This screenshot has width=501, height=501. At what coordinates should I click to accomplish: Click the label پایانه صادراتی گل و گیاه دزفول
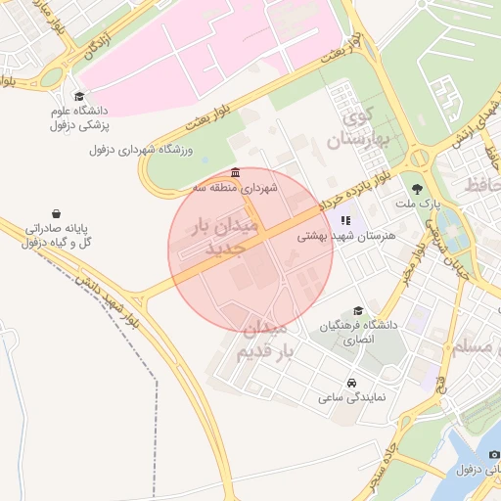[x=57, y=235]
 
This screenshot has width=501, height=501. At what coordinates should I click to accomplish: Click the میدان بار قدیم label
[x=264, y=338]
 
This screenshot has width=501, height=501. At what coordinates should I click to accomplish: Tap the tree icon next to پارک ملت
[x=418, y=188]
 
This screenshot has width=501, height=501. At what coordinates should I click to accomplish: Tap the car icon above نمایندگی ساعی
[x=351, y=382]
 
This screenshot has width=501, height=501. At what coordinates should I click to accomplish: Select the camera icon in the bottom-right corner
[x=494, y=455]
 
